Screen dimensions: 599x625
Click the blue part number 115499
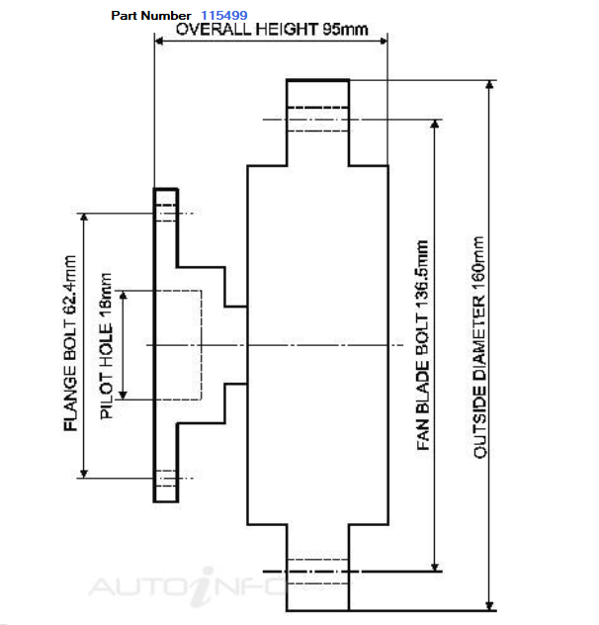tap(224, 15)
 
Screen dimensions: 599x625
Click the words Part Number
tap(151, 16)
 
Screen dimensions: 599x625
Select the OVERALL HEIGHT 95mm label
tap(272, 30)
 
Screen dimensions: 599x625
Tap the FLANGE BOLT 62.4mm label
tap(70, 343)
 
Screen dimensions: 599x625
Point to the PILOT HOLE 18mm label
tap(106, 346)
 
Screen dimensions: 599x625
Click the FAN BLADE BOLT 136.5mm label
tap(422, 345)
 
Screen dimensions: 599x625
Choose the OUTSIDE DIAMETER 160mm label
tap(479, 347)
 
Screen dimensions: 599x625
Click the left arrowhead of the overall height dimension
tap(158, 42)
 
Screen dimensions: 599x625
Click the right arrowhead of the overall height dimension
tap(384, 41)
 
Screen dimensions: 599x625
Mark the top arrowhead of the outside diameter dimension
tap(490, 85)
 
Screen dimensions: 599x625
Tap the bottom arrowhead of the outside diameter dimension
tap(490, 606)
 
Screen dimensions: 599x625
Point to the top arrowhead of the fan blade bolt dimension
tap(435, 124)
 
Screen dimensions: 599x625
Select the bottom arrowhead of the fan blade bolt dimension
tap(435, 567)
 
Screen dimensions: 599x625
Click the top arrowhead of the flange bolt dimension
tap(84, 218)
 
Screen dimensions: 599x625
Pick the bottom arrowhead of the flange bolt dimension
tap(84, 473)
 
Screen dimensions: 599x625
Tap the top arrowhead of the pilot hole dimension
tap(124, 296)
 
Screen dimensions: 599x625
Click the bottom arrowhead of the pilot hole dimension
tap(124, 395)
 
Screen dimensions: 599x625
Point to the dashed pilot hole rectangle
tap(202, 345)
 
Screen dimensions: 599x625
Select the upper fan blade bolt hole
tap(317, 120)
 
